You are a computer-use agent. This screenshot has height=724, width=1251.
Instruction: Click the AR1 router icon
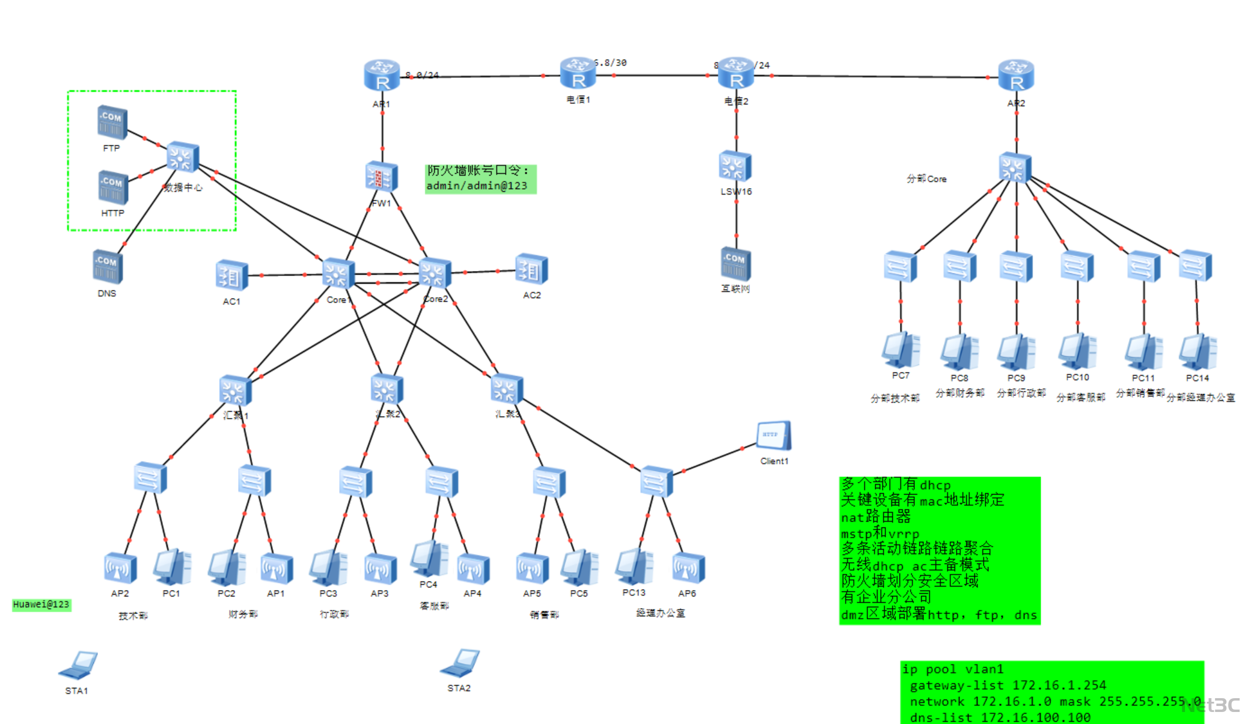coord(382,76)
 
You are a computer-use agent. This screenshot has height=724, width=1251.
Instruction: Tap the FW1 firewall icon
coord(381,177)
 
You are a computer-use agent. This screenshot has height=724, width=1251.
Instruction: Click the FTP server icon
coord(112,122)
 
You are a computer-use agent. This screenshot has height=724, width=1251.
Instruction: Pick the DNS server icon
coord(108,267)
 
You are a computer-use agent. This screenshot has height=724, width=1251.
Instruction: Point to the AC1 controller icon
coord(231,276)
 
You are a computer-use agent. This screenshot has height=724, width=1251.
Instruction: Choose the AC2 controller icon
coord(531,270)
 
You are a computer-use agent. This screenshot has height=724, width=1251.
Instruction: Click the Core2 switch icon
coord(434,274)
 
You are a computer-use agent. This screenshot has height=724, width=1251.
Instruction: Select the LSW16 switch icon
coord(735,166)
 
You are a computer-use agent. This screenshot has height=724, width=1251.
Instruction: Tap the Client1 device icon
coord(774,436)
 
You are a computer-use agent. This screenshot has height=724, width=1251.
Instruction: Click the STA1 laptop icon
coord(78,665)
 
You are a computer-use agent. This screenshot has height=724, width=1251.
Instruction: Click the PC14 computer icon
coord(1197,352)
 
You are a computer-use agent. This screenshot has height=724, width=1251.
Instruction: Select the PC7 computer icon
coord(901,350)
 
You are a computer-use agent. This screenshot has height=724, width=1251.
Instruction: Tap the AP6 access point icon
coord(688,568)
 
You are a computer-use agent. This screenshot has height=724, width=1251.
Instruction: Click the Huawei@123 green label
coord(41,604)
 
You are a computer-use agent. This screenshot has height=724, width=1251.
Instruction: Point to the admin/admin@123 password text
coord(477,186)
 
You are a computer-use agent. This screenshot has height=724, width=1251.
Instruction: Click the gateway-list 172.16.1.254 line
coord(1008,686)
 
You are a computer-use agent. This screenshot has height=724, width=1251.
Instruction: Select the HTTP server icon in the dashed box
coord(113,187)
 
